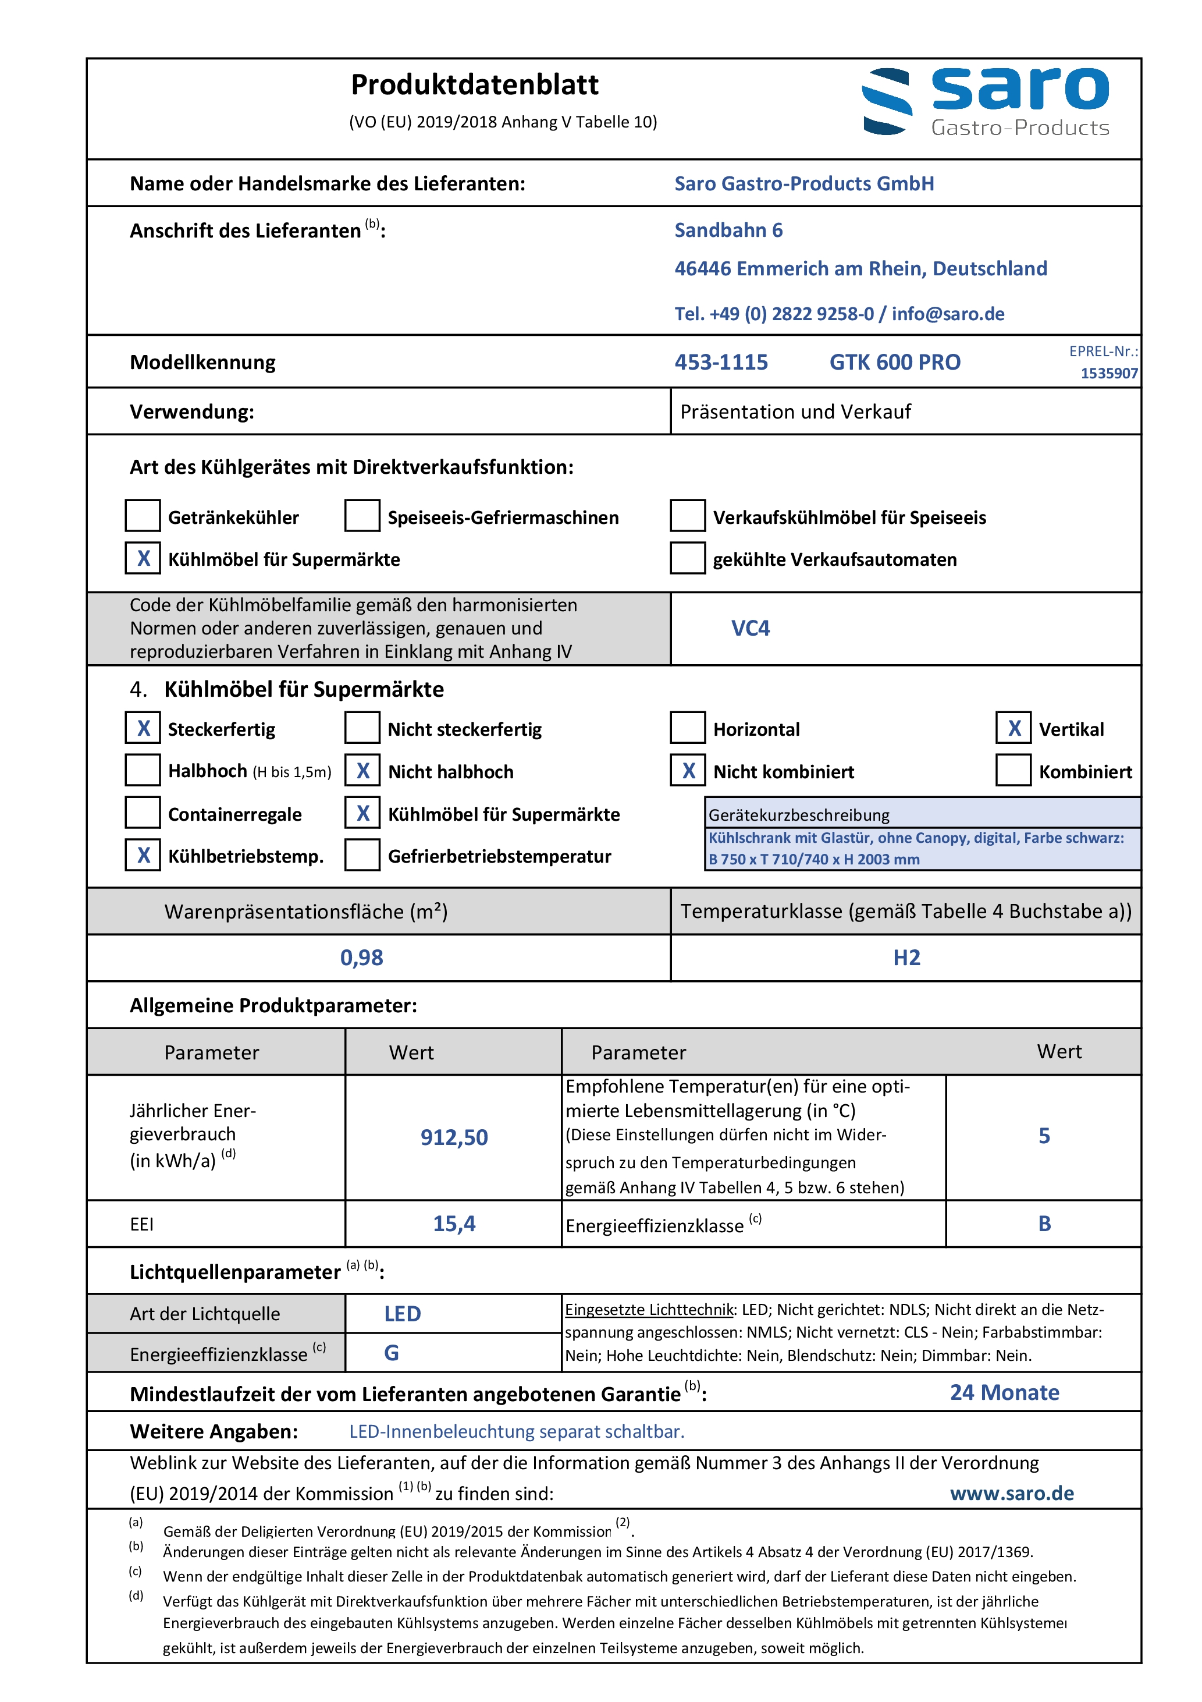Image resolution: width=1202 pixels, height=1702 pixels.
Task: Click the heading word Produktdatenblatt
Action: pos(474,85)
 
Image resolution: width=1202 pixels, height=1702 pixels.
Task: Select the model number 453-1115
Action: pos(720,363)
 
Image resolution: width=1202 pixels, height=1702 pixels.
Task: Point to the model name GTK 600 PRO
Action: pos(894,363)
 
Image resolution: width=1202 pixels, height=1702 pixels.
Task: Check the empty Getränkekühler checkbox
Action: pos(143,516)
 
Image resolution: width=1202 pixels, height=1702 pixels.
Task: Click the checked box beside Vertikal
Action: pos(1013,729)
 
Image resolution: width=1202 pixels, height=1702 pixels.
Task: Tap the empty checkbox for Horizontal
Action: pos(687,729)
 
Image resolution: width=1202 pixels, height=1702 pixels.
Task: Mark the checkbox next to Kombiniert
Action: pos(1013,771)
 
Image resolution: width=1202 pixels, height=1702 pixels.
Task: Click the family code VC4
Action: pos(750,629)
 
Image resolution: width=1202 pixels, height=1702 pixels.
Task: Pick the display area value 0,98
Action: pos(362,958)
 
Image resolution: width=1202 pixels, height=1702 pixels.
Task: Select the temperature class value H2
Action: pos(906,958)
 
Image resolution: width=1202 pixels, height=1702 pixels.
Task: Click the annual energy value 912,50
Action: pos(454,1137)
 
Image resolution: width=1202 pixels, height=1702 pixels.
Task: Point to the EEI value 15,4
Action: pos(454,1224)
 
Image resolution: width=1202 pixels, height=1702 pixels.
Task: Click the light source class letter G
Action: pos(392,1353)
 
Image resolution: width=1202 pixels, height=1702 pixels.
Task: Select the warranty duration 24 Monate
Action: pos(1004,1393)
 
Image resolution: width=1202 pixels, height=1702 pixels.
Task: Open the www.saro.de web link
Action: pos(1012,1494)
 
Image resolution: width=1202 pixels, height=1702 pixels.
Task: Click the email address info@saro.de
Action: pos(948,314)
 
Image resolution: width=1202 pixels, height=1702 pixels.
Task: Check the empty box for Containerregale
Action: pos(143,813)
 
